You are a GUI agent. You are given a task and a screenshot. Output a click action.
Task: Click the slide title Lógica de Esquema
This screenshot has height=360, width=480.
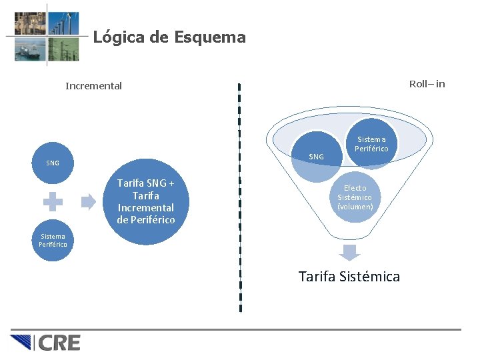(x=169, y=37)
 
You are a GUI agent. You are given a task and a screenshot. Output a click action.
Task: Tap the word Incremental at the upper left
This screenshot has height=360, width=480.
(x=94, y=86)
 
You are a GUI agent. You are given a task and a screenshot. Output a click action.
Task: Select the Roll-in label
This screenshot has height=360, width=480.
(x=427, y=84)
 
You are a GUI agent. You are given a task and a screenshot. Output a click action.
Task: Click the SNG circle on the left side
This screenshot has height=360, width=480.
(x=53, y=163)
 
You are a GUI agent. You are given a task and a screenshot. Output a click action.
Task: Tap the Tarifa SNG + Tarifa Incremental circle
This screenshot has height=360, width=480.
(x=146, y=201)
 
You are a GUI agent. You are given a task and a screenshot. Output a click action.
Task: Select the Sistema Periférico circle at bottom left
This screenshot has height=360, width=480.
(x=53, y=241)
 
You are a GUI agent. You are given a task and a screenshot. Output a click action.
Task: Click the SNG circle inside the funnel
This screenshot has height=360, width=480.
(x=316, y=157)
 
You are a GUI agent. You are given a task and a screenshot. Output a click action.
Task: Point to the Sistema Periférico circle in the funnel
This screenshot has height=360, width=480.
(x=371, y=144)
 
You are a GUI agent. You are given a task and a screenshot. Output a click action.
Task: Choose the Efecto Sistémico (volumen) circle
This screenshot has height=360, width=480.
(x=355, y=197)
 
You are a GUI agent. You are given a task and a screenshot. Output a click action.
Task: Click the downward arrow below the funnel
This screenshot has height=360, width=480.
(x=349, y=252)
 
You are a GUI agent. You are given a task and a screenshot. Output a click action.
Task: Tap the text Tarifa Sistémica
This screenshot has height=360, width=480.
(x=349, y=276)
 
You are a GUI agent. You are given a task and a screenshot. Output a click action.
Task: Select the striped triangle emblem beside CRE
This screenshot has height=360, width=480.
(x=23, y=343)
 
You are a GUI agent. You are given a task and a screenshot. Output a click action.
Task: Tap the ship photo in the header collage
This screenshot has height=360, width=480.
(x=30, y=49)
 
